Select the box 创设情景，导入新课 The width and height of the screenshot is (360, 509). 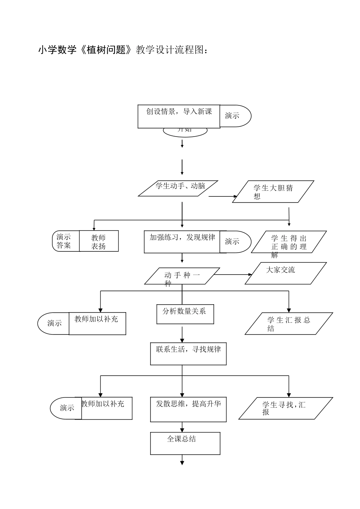tap(179, 116)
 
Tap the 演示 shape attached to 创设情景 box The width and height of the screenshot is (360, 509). tap(235, 116)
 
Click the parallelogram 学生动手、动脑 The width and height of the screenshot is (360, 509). tap(178, 188)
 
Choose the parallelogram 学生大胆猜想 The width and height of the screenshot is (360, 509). tap(273, 192)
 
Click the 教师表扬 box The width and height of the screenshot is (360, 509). tap(99, 241)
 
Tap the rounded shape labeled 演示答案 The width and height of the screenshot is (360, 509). tap(66, 241)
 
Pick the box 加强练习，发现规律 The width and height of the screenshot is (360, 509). tap(182, 242)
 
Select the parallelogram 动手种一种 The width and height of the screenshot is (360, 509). tap(182, 276)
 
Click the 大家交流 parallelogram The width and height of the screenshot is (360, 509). tap(286, 273)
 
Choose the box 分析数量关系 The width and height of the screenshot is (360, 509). tap(185, 314)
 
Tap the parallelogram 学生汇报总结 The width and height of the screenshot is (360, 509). tap(289, 324)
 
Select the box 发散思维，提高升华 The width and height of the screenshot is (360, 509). tap(188, 409)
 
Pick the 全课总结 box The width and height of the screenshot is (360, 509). tap(185, 443)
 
